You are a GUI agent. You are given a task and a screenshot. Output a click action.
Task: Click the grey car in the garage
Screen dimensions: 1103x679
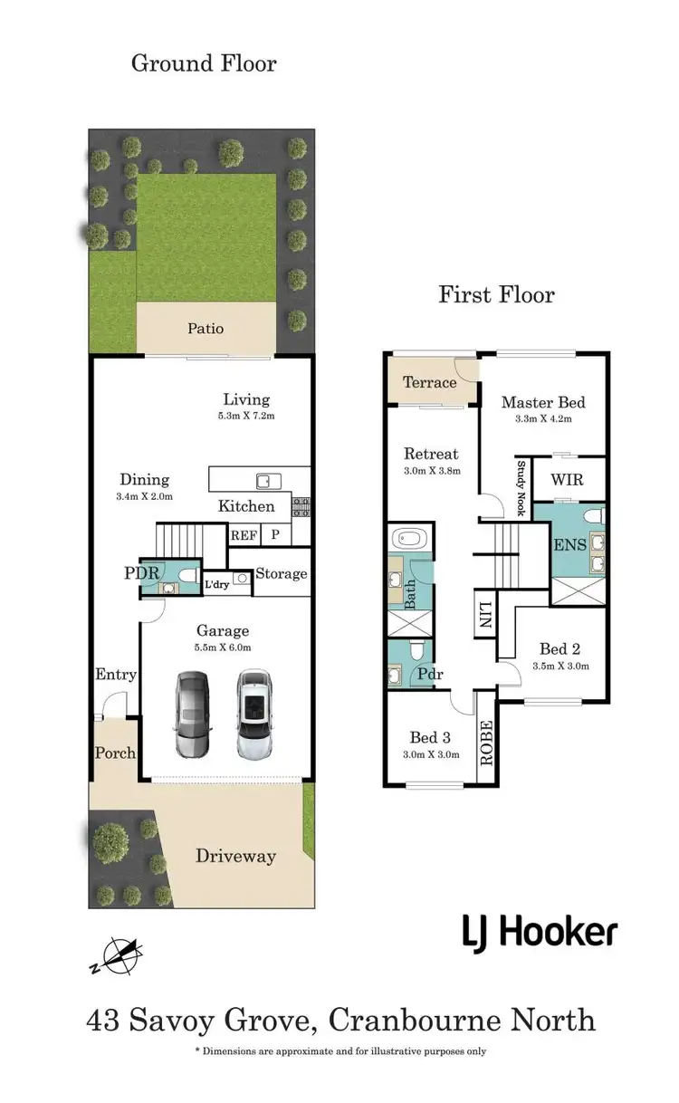click(193, 715)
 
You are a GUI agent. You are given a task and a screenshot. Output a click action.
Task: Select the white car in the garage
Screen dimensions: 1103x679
click(256, 715)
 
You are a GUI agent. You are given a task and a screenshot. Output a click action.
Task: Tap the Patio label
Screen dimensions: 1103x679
click(206, 329)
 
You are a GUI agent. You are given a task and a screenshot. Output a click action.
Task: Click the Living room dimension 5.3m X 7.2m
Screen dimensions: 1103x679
click(247, 417)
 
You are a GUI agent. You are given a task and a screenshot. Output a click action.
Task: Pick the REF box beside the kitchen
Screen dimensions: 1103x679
click(243, 535)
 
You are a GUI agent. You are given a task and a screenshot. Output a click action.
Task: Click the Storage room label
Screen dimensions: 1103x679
click(281, 573)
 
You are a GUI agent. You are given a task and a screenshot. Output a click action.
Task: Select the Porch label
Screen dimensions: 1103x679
click(115, 753)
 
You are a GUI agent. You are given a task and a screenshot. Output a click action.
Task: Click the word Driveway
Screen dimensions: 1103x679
click(235, 856)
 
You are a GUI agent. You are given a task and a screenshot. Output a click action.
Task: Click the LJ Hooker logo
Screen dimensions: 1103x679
click(540, 931)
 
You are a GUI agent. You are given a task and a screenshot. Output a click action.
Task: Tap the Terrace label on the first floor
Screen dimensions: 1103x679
click(429, 382)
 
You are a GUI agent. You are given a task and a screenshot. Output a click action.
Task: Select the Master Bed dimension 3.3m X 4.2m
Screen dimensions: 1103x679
click(543, 419)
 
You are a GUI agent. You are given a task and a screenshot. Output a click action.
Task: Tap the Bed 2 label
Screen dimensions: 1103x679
click(559, 648)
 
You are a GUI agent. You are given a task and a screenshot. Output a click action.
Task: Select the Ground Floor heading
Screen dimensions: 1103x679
click(204, 63)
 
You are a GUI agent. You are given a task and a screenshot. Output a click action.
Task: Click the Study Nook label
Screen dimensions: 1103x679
click(521, 489)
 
